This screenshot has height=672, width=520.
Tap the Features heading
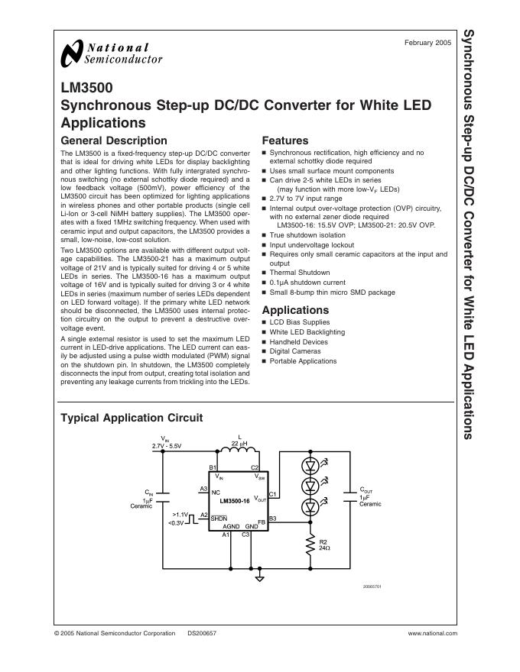coord(284,141)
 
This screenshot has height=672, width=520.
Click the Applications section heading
coord(295,310)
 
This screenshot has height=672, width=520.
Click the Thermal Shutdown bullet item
coord(299,273)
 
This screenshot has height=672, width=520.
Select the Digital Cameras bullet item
coord(296,352)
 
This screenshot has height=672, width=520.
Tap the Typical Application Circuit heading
coord(132,418)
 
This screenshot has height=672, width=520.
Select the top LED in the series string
coord(310,464)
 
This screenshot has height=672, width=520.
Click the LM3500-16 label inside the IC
coord(234,501)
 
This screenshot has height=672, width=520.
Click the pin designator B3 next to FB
coord(272,519)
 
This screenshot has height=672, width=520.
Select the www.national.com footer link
coord(432,633)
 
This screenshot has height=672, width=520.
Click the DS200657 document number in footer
coord(201,633)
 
